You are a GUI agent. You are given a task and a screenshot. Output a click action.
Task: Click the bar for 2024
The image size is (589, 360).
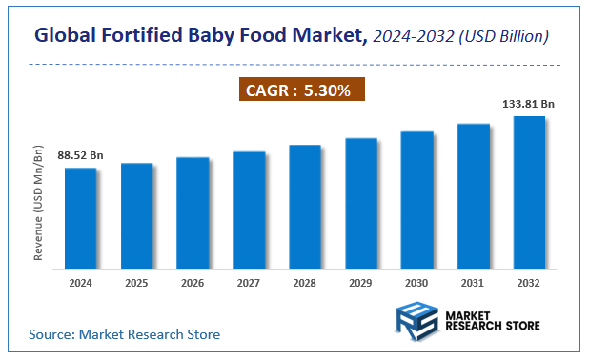coord(81,216)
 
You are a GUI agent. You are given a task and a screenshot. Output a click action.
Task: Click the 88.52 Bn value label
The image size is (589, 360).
coord(81,154)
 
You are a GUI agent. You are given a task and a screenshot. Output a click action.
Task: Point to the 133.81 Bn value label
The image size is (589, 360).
coord(528,104)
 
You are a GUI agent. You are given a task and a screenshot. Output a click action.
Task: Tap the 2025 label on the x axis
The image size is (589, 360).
coord(136,283)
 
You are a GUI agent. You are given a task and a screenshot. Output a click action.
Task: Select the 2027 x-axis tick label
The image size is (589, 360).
coord(249,283)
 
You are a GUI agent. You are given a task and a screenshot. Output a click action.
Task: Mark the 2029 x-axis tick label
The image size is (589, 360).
coord(360,283)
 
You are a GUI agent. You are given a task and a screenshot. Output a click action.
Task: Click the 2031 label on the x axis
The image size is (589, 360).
coord(473,283)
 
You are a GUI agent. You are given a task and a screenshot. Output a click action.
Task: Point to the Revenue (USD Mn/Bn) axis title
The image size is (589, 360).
coord(39,202)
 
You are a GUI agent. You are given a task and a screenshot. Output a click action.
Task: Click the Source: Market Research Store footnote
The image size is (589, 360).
coord(124,334)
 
